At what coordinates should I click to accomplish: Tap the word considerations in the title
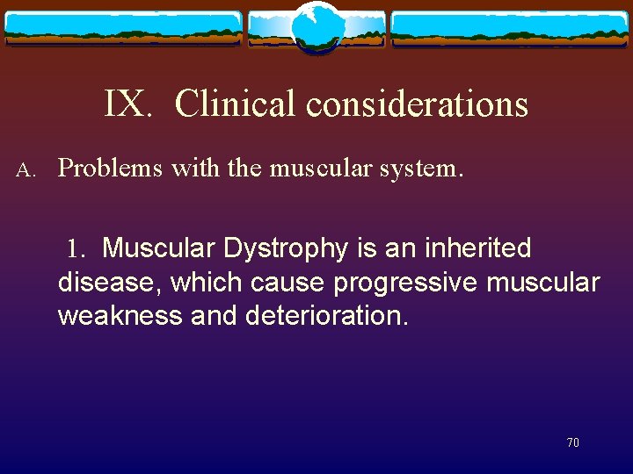[417, 104]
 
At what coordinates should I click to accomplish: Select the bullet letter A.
[25, 169]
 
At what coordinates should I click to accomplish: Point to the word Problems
[110, 168]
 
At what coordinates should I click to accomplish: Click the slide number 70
[572, 443]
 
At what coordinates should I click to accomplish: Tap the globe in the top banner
[316, 26]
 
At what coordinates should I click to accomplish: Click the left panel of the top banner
[123, 28]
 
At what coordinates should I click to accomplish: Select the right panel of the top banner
[509, 28]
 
